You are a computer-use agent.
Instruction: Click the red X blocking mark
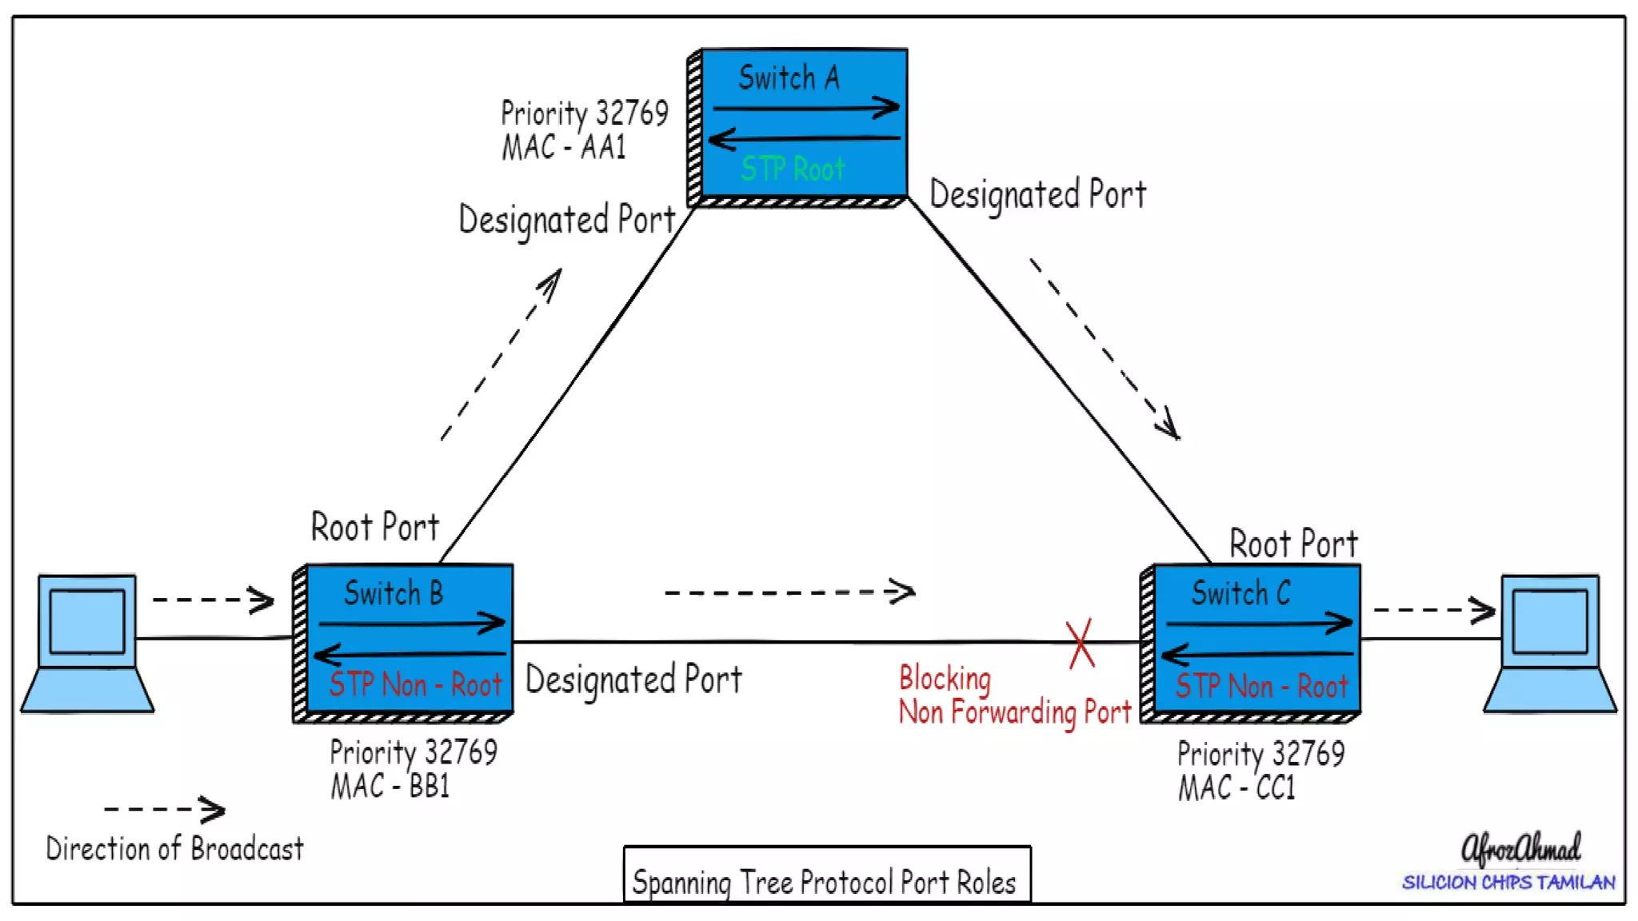tap(1081, 644)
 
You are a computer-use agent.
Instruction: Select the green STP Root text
tap(792, 169)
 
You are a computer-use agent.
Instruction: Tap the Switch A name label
tap(789, 78)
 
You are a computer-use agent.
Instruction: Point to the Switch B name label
tap(393, 593)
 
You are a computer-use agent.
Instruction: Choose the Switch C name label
tap(1240, 593)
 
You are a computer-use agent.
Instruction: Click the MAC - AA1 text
tap(564, 148)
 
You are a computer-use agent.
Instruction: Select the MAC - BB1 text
tap(390, 787)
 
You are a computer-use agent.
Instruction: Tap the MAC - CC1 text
tap(1236, 788)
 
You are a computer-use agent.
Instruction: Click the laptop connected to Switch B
tap(87, 643)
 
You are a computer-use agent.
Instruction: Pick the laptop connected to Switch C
tap(1550, 643)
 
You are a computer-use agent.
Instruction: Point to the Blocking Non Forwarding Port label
tap(1014, 694)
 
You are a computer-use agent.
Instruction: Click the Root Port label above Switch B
tap(375, 528)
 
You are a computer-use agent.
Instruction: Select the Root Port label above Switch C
tap(1293, 544)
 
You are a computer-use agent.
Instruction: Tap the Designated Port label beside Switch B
tap(633, 680)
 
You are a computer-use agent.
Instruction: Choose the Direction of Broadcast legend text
tap(174, 849)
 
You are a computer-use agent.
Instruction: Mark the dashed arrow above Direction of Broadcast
tap(165, 809)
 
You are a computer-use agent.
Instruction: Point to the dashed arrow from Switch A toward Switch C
tap(1105, 349)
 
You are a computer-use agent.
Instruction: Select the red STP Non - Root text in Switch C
tap(1261, 686)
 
